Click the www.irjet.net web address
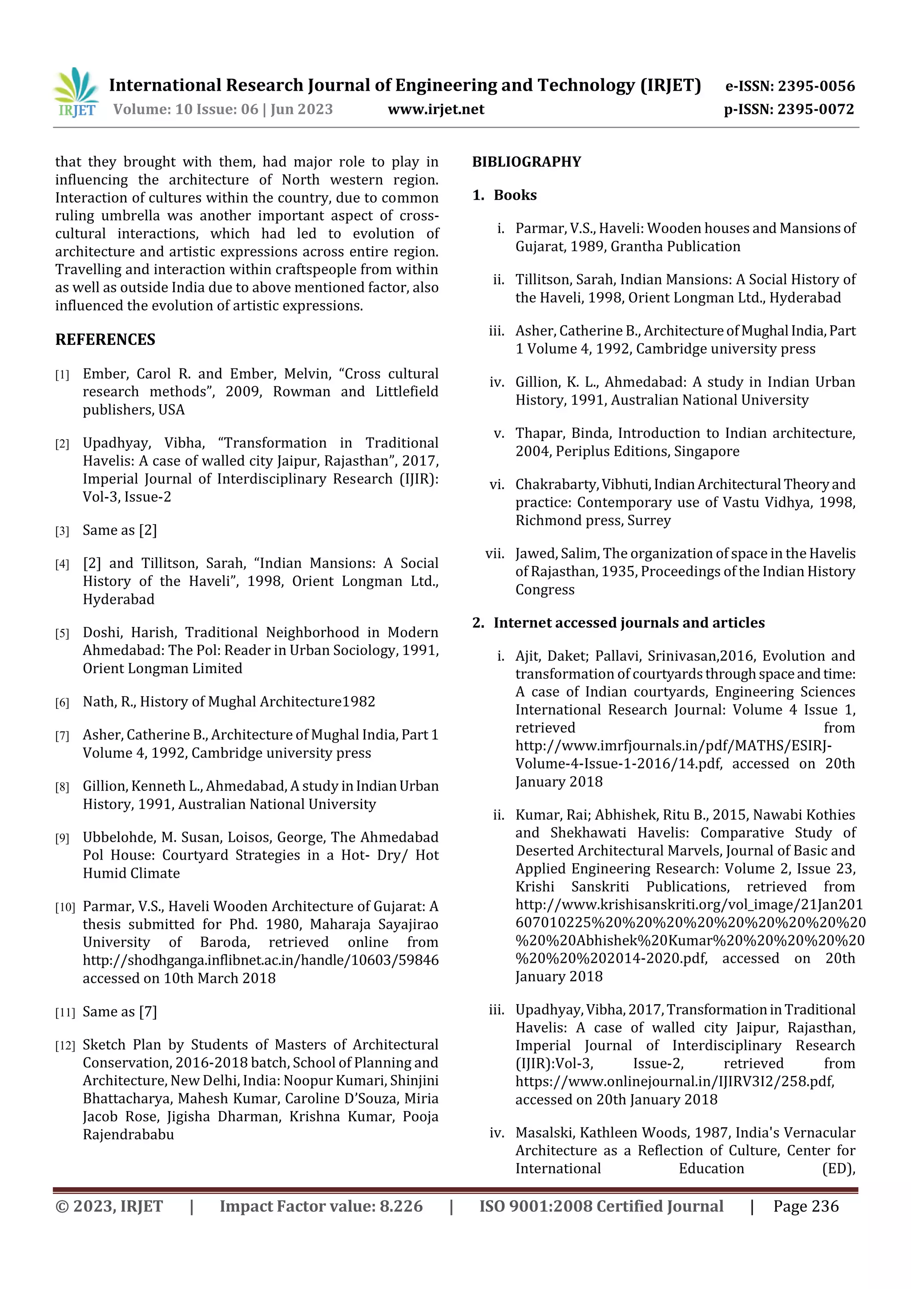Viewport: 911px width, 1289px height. click(x=435, y=109)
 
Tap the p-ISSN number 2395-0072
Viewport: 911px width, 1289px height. click(x=815, y=109)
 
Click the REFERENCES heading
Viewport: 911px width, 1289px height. click(x=105, y=339)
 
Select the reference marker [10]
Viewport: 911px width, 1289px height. click(x=64, y=907)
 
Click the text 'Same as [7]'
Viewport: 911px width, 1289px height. click(x=120, y=1012)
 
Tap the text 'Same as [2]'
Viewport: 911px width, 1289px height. click(x=120, y=530)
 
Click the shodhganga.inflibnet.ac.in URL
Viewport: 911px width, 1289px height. click(x=261, y=961)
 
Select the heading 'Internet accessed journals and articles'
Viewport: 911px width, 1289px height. click(x=629, y=622)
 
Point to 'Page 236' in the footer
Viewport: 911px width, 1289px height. click(x=806, y=1207)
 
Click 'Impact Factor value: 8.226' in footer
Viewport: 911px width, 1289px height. click(x=321, y=1207)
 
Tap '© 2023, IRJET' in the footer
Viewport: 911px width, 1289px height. click(x=109, y=1207)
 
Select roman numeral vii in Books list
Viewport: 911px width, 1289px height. click(x=495, y=554)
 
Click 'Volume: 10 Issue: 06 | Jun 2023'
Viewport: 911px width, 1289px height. click(x=223, y=109)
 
